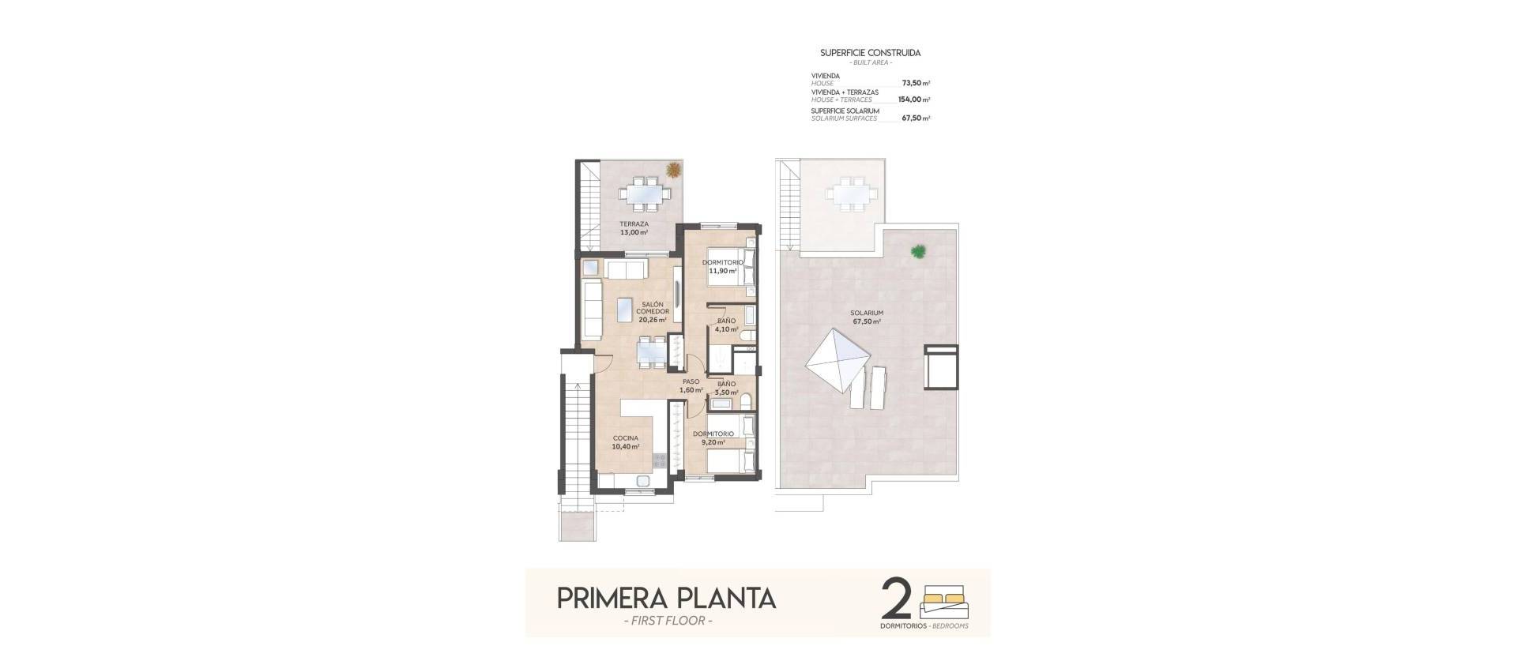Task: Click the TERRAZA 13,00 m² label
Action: point(634,228)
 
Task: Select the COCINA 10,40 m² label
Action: point(625,442)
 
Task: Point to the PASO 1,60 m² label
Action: point(691,385)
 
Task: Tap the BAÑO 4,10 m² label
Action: point(727,325)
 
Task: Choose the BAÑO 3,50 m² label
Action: point(727,388)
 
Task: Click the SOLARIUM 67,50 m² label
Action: point(868,317)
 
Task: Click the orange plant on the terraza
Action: point(673,170)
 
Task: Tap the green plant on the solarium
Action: point(918,252)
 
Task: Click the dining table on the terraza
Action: point(645,193)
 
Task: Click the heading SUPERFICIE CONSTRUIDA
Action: point(870,53)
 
